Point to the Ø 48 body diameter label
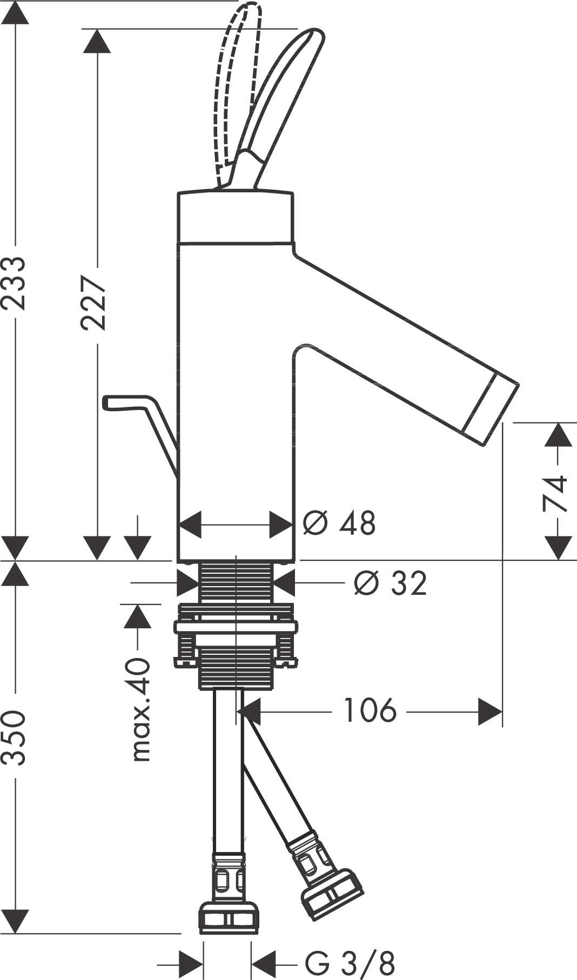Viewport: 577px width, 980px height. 339,522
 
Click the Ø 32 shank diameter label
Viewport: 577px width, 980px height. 390,583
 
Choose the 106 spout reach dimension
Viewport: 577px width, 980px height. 370,710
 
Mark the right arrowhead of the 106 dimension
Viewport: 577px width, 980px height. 489,711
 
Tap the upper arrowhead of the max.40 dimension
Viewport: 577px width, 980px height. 138,616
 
